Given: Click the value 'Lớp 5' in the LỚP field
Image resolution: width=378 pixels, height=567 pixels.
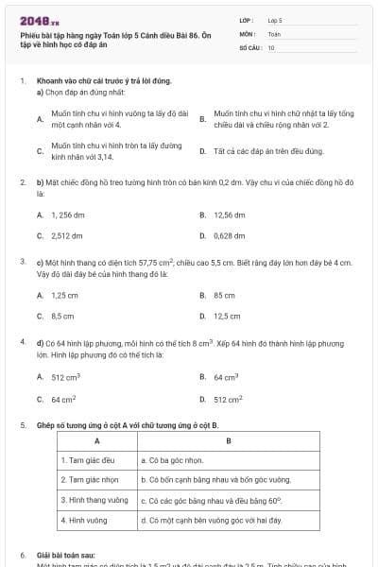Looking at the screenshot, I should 275,19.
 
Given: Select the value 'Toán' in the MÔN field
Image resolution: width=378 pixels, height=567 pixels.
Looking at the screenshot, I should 274,33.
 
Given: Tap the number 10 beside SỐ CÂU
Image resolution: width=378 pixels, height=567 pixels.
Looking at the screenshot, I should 271,46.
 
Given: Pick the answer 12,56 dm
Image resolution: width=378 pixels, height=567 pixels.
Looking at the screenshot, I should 230,215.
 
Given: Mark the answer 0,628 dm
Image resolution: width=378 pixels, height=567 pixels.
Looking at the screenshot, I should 230,235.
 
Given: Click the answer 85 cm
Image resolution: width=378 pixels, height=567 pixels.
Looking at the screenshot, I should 224,295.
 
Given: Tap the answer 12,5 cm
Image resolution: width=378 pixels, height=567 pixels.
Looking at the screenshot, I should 227,316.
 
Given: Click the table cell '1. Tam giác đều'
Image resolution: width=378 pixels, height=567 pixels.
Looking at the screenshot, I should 86,460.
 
